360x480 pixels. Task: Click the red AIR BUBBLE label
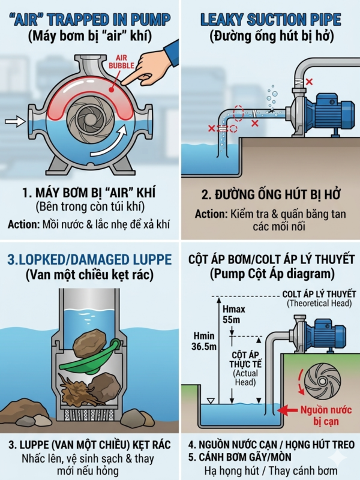pos(122,61)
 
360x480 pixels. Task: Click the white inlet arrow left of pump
pos(15,121)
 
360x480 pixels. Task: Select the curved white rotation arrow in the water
pos(109,142)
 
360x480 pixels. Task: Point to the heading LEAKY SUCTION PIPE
pos(271,20)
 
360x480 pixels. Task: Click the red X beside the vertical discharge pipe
pos(309,82)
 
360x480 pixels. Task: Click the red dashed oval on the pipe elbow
pos(238,113)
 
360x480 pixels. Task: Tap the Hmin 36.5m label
pos(204,341)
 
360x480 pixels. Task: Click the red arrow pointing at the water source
pos(289,410)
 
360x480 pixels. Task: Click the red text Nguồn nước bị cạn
pos(326,415)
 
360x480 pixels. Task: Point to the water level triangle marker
pos(211,401)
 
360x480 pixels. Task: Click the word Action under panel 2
pos(211,214)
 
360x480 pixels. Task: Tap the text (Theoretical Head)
pos(319,303)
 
